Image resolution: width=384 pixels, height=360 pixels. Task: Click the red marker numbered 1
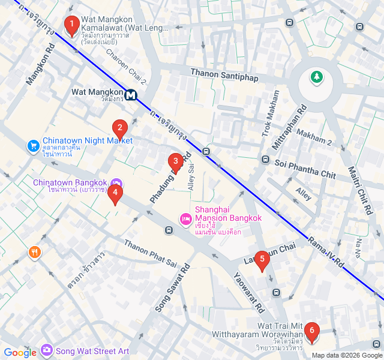72,26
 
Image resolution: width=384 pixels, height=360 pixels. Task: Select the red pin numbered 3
175,161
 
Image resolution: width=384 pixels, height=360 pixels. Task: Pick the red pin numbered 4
115,193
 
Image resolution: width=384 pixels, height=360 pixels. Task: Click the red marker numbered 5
261,260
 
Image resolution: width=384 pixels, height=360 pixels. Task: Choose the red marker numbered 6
311,331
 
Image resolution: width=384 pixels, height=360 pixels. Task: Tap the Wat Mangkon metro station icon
131,95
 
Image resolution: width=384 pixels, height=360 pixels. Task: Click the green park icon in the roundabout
316,77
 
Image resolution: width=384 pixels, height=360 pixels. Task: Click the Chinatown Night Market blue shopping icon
34,146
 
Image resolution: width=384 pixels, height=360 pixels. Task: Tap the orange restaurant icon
34,253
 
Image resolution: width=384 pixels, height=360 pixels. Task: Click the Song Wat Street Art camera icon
47,350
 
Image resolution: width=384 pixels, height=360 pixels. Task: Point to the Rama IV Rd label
326,251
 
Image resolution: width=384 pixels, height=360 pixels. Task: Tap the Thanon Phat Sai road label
151,253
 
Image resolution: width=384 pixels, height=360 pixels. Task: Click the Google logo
20,352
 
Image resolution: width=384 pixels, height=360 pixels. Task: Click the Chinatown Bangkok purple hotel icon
116,182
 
